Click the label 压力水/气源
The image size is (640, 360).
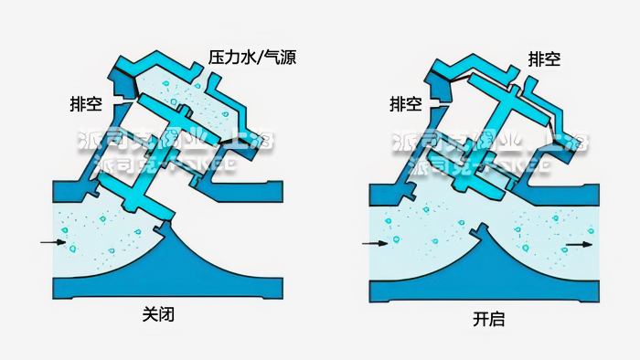pyautogui.click(x=251, y=58)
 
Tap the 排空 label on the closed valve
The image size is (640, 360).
pyautogui.click(x=84, y=102)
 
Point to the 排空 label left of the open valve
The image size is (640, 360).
pyautogui.click(x=405, y=104)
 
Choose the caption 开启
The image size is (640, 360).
pyautogui.click(x=488, y=320)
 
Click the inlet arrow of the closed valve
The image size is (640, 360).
pyautogui.click(x=53, y=243)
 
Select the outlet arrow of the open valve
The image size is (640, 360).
pyautogui.click(x=579, y=244)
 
